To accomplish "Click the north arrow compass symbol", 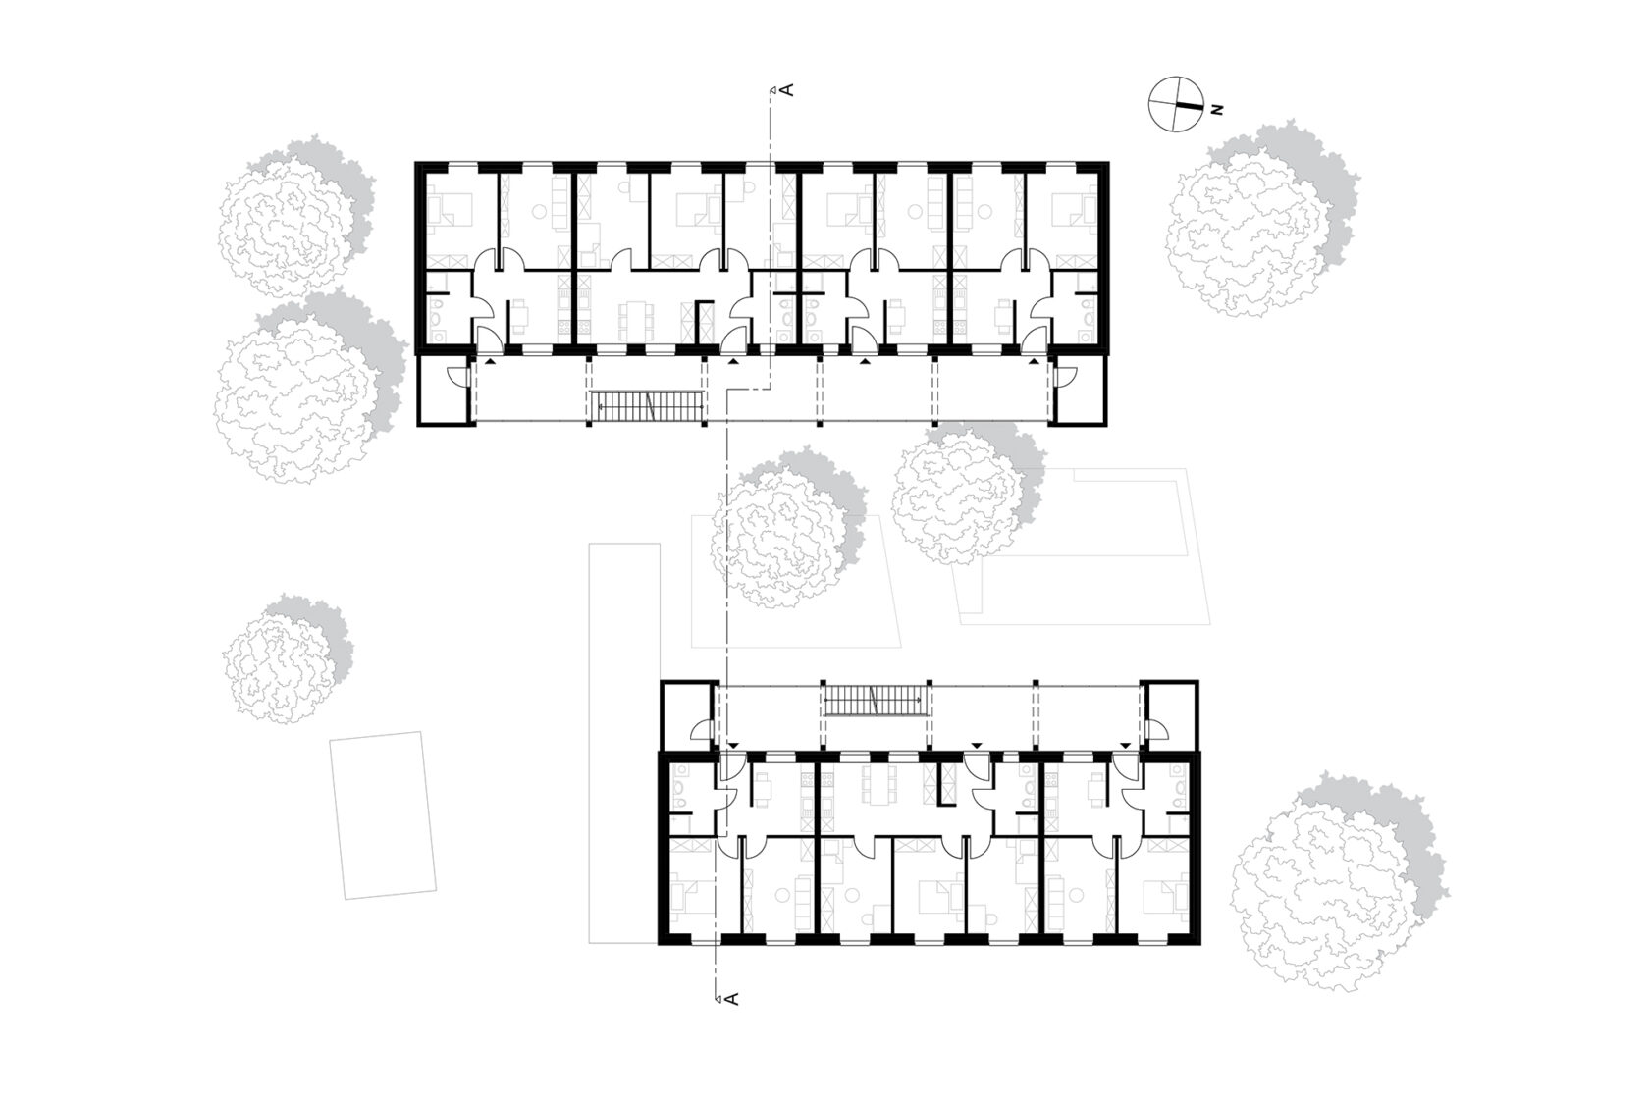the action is coord(1176,104).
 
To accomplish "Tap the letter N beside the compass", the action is coord(1217,109).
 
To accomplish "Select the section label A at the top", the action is coord(787,90).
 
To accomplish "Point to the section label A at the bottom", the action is coord(731,999).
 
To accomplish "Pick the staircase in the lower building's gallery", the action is coord(874,700).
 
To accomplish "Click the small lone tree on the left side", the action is coord(288,658).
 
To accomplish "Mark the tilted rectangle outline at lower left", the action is coord(383,814).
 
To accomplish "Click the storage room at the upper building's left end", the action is coord(444,391).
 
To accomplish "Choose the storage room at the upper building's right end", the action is coord(1079,391).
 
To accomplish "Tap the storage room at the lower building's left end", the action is coord(688,715).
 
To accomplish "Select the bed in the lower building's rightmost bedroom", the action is coord(1165,898).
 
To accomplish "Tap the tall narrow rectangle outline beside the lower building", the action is coord(624,744).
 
